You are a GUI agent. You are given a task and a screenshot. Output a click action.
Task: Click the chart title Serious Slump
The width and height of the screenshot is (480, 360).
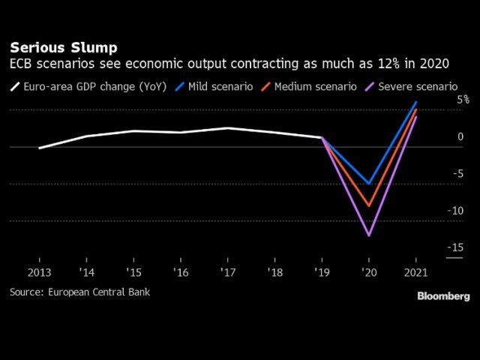point(63,47)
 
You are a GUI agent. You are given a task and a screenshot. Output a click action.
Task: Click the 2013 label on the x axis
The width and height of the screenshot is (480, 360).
point(40,271)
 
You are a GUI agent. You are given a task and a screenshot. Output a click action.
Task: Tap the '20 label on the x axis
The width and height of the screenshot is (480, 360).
point(368,271)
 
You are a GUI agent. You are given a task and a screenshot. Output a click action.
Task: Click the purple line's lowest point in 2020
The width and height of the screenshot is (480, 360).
point(368,235)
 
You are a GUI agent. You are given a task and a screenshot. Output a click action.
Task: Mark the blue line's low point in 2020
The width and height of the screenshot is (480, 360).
point(368,183)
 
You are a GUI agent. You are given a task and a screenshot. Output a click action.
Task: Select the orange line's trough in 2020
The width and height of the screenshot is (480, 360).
point(368,205)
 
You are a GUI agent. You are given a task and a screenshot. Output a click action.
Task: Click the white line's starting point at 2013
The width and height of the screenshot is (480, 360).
point(40,148)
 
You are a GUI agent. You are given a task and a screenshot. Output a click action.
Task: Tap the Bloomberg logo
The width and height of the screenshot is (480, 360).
point(442,296)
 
